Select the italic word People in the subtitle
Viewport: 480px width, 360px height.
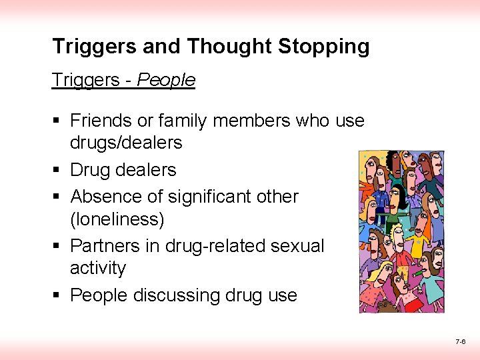(166, 81)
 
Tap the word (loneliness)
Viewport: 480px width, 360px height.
(117, 219)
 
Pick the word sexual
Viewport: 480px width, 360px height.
(297, 246)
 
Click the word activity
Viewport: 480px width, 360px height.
(98, 268)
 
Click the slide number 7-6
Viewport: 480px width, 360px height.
(460, 341)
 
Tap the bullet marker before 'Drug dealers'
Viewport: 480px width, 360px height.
(56, 171)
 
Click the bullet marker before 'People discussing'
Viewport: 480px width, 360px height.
(56, 295)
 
